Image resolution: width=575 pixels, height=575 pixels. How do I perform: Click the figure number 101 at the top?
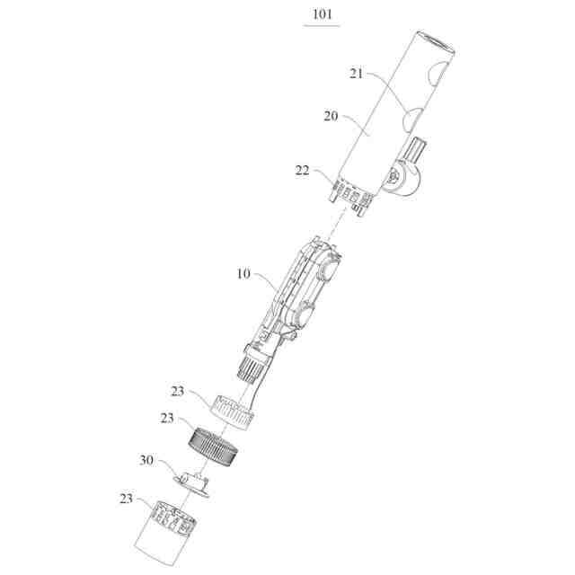click(x=322, y=15)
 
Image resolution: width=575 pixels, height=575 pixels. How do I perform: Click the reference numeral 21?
click(x=356, y=75)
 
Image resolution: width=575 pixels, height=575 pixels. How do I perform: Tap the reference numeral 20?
click(x=331, y=115)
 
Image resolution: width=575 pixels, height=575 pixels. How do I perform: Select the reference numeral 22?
click(x=302, y=170)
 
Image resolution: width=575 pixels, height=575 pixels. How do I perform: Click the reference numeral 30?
click(x=146, y=460)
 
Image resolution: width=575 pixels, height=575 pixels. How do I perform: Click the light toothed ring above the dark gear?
click(x=235, y=410)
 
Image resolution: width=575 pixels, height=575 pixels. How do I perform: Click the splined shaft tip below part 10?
click(x=252, y=364)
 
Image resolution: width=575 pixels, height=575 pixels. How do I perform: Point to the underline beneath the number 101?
click(x=322, y=26)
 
